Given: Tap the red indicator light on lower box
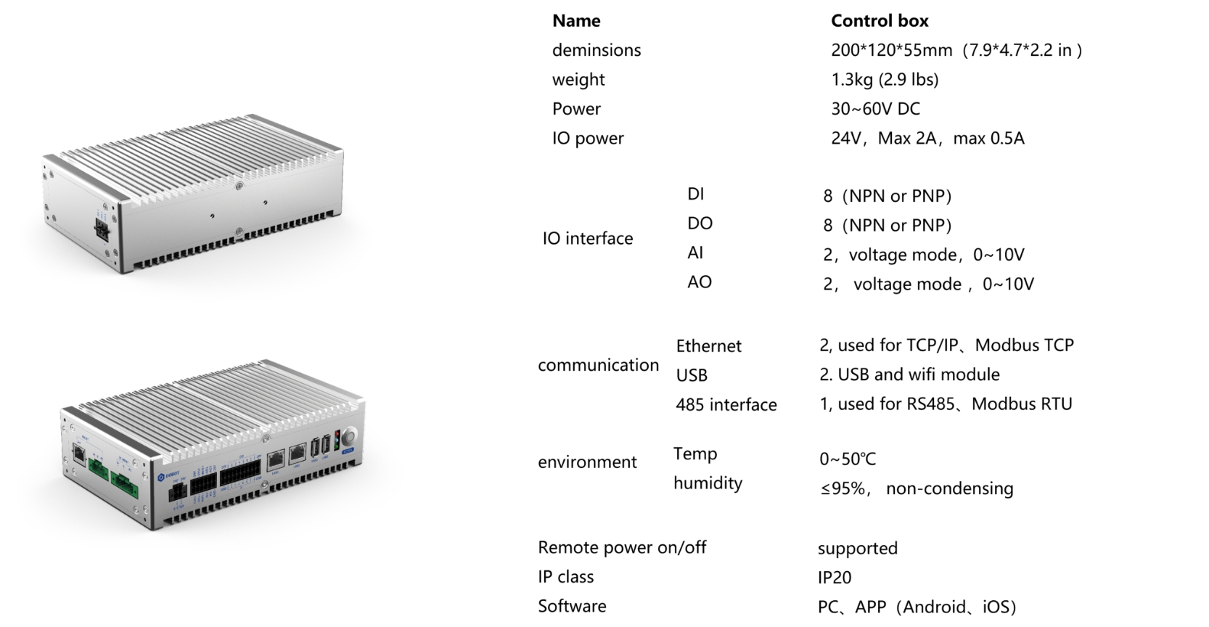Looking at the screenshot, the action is [337, 433].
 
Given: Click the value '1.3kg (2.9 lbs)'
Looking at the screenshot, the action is [885, 79].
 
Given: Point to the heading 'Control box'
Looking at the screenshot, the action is [880, 20].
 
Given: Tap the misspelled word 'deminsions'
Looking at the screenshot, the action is [597, 49].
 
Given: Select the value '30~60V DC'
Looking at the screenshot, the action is [875, 108].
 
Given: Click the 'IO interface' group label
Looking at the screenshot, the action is [588, 238].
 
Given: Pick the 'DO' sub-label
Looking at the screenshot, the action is [700, 223].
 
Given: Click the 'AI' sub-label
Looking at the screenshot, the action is [695, 253].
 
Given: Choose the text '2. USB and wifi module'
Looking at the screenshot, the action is [909, 374].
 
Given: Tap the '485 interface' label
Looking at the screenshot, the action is [726, 404].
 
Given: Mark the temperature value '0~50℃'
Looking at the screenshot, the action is [848, 459].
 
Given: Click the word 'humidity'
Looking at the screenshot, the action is [708, 483].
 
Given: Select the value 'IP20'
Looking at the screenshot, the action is [835, 578].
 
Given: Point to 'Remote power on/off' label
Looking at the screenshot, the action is [622, 547].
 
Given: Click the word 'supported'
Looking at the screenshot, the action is [858, 548].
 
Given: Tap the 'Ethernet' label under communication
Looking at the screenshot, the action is [709, 345].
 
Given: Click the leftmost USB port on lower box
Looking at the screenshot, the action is [315, 448].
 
